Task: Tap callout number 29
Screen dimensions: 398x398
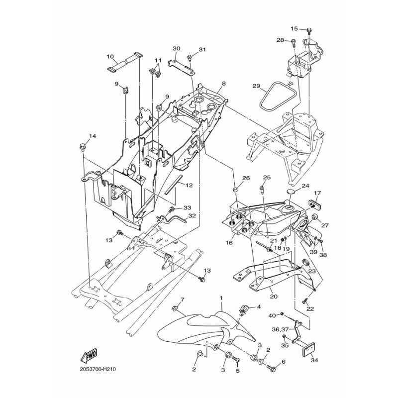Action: coord(256,86)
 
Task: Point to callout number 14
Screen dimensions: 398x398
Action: coord(93,136)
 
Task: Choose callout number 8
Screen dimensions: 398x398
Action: coord(223,84)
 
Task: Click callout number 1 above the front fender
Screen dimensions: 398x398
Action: coord(221,297)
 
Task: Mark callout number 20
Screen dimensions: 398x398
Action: coord(274,296)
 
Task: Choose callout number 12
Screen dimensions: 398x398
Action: coord(190,185)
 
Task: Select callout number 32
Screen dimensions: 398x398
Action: coord(192,216)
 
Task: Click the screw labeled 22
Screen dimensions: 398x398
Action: coord(304,301)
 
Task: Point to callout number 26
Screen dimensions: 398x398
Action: coord(246,178)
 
